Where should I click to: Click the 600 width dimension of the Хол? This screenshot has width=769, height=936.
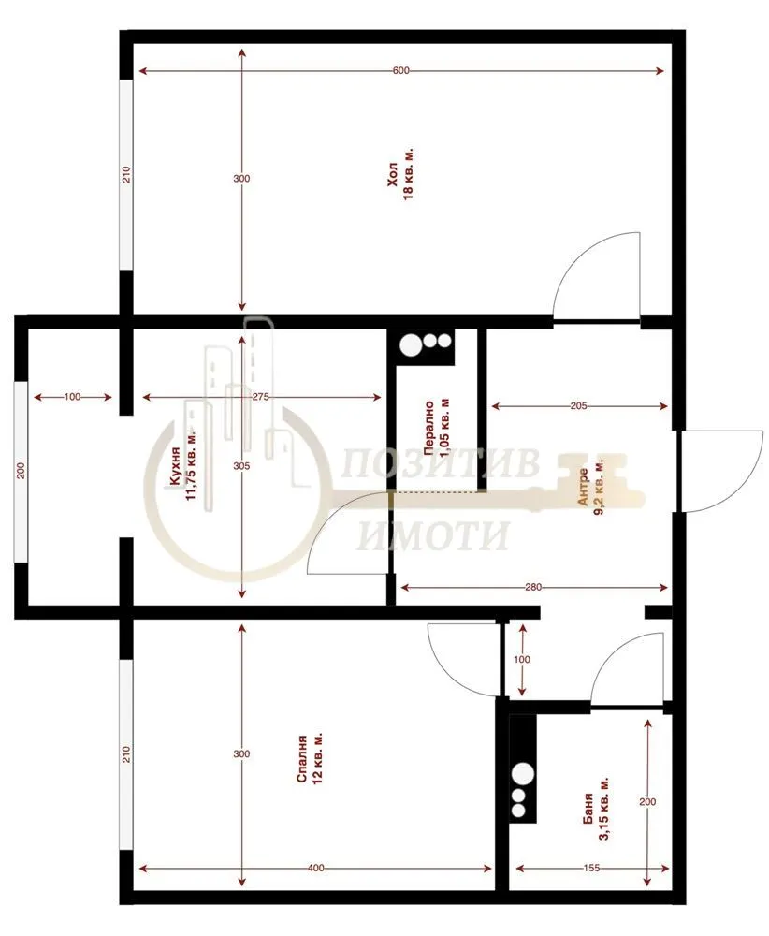pyautogui.click(x=401, y=72)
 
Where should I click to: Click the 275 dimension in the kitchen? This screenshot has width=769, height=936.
pyautogui.click(x=261, y=398)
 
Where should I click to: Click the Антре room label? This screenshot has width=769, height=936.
pyautogui.click(x=584, y=487)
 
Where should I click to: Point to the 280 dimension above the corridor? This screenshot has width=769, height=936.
pyautogui.click(x=534, y=588)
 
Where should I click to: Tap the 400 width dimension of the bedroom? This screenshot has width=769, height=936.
pyautogui.click(x=315, y=869)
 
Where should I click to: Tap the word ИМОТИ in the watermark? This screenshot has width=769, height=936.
pyautogui.click(x=434, y=536)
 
